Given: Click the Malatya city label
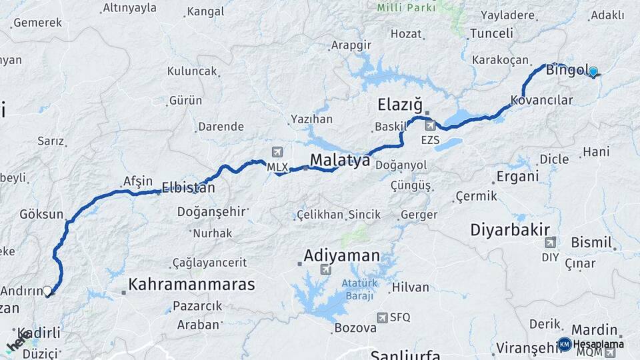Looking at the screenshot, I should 340,161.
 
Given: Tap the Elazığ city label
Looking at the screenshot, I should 400,105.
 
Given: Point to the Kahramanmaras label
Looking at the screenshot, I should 191,285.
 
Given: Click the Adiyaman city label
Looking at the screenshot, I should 341,255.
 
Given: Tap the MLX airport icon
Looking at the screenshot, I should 277,153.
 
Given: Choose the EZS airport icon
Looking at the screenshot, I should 430,125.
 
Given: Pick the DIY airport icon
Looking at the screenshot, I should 550,243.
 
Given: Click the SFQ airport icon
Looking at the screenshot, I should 382,317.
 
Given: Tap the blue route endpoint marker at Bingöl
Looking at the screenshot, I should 593,71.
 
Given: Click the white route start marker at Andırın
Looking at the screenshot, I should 47,291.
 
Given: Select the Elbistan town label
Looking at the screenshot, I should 188,188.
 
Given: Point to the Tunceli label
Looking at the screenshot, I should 491,33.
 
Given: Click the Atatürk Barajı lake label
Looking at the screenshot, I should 360,289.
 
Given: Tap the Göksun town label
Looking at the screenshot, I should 41,215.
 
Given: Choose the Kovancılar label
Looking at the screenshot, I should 541,101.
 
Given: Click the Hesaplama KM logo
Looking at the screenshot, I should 565,344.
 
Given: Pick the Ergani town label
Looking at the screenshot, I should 517,177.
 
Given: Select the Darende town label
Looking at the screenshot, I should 221,126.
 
